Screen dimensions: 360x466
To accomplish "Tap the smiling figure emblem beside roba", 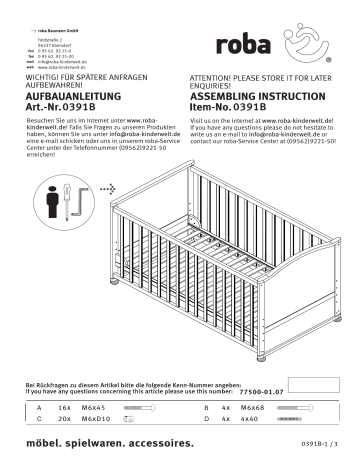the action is pyautogui.click(x=300, y=42).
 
